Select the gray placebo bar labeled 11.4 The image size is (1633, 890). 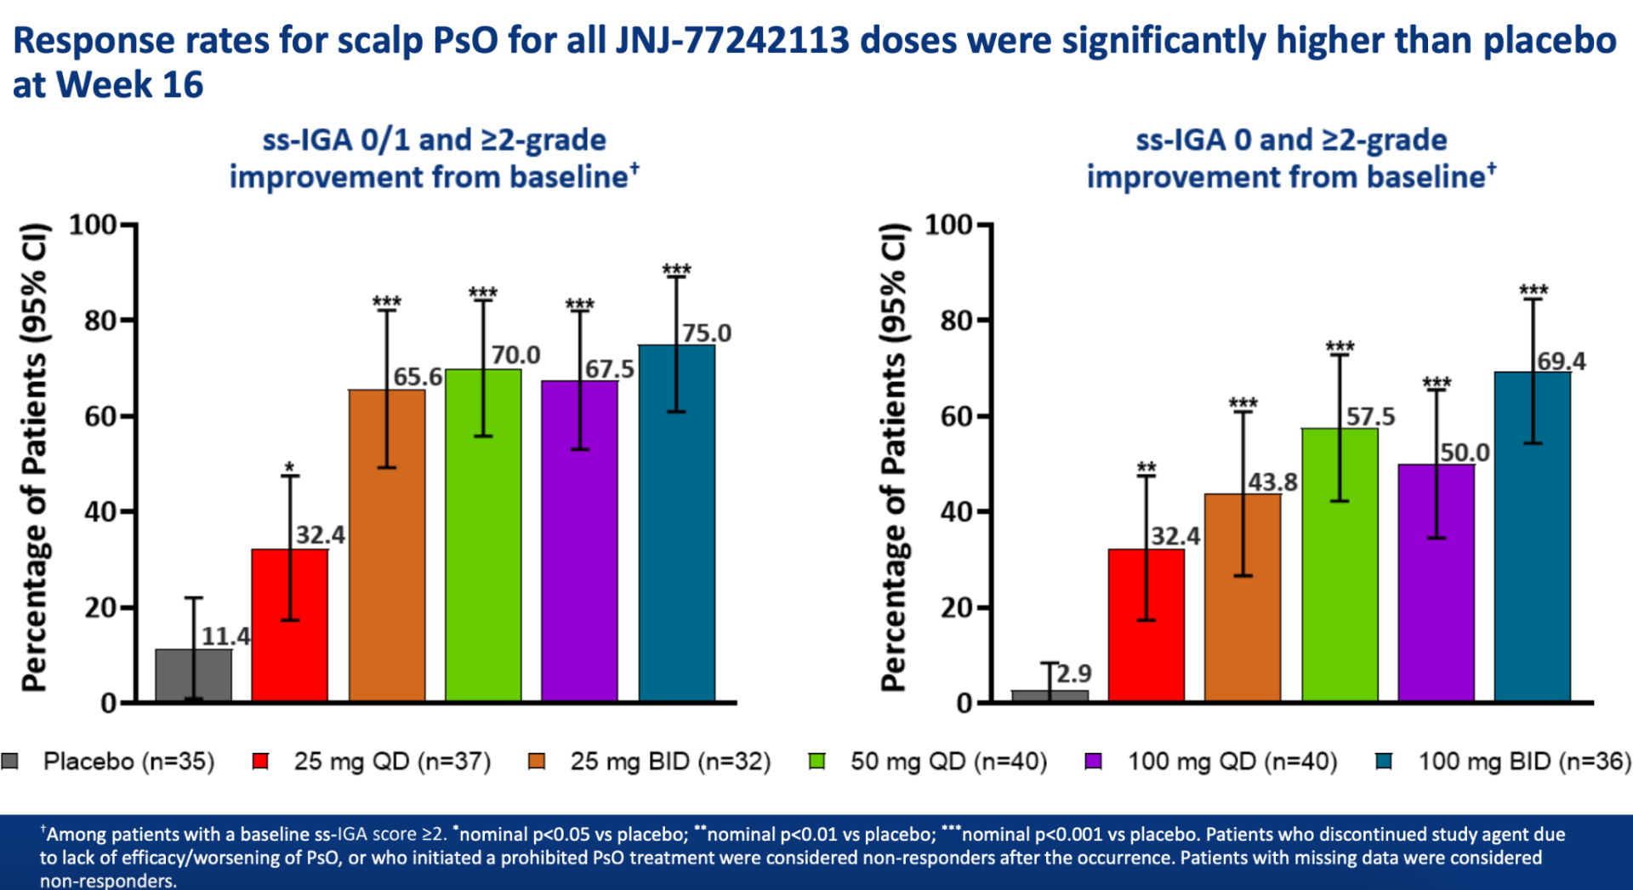[x=194, y=676]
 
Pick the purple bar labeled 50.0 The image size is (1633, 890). [x=1437, y=596]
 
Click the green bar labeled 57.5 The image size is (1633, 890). [x=1340, y=579]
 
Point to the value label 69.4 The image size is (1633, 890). [x=1561, y=362]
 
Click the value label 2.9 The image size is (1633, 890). [x=1074, y=674]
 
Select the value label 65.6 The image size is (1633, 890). [x=418, y=377]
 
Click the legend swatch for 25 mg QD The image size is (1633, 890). [x=261, y=762]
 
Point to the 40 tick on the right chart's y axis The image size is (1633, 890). [x=956, y=512]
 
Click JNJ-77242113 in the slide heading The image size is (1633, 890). [x=732, y=40]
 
